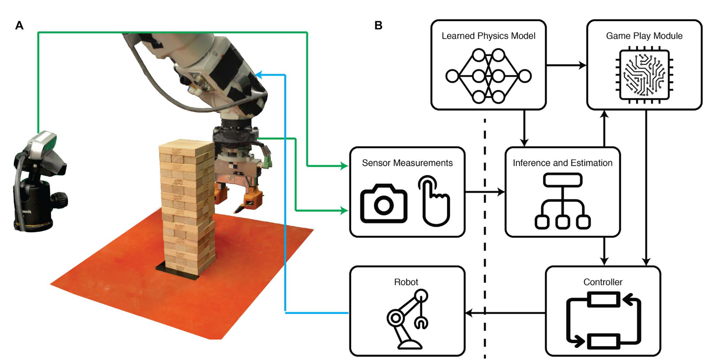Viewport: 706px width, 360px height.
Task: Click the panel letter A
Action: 19,25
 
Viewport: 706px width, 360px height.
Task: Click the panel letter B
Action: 378,25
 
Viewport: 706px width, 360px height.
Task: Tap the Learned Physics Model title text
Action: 488,36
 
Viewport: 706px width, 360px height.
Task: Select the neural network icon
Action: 488,76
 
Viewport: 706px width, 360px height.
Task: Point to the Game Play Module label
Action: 644,36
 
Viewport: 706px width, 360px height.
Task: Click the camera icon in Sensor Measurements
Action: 383,204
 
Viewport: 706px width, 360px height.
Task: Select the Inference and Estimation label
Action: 562,162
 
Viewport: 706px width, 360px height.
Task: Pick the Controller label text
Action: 603,282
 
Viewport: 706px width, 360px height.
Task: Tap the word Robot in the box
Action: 406,282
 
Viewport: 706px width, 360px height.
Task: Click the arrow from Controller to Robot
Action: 505,313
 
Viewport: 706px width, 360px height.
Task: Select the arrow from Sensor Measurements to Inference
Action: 485,192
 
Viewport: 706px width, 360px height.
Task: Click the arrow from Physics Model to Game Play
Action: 566,65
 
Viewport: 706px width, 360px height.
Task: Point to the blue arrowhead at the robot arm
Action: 260,75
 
